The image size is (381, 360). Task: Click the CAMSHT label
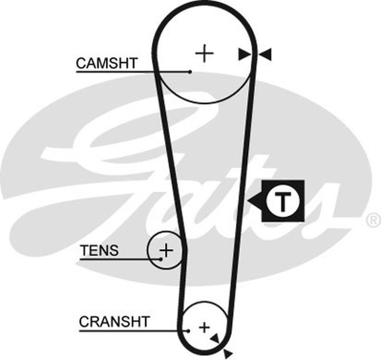click(107, 63)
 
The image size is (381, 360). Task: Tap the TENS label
click(99, 250)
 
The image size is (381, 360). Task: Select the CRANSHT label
click(114, 321)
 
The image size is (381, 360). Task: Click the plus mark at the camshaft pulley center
click(204, 53)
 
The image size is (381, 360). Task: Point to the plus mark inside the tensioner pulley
click(166, 250)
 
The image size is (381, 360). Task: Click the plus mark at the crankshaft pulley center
click(204, 327)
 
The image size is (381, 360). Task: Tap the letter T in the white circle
click(282, 201)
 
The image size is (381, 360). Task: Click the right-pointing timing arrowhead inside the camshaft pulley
click(244, 54)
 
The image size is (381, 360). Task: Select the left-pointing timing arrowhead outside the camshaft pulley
click(265, 54)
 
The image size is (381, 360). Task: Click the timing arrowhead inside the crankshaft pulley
click(215, 338)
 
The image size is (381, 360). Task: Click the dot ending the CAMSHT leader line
click(190, 72)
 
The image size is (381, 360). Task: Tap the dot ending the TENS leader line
click(161, 259)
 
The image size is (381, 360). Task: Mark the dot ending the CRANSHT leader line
click(188, 331)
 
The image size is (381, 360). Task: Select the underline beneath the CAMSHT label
click(133, 72)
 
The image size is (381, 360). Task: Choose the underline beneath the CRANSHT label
click(134, 331)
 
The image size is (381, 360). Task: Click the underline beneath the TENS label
click(120, 259)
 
